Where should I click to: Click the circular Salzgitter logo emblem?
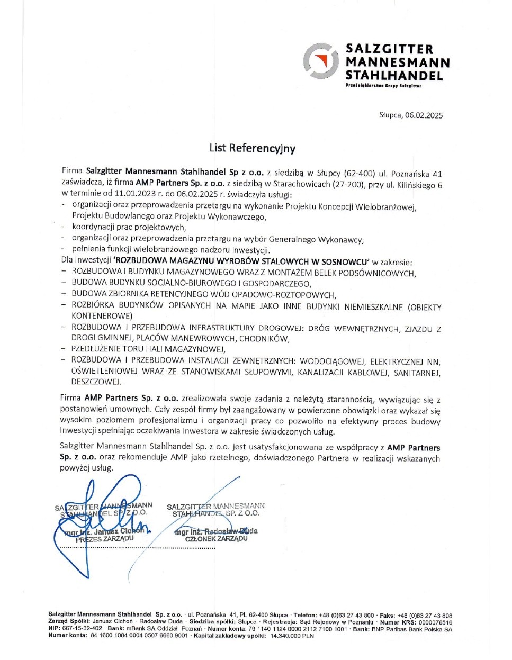320,61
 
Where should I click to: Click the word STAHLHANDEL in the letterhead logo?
394,76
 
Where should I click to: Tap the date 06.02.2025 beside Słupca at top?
424,115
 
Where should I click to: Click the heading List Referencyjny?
252,148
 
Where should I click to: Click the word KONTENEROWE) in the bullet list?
102,316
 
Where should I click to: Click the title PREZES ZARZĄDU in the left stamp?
104,539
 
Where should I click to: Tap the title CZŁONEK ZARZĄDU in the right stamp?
216,539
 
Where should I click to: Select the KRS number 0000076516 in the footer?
435,622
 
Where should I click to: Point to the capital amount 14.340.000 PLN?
292,636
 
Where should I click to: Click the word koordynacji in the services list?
93,228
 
